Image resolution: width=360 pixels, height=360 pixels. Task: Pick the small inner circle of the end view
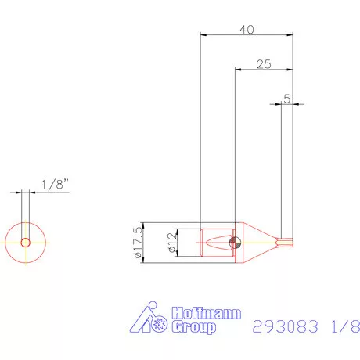(x=26, y=243)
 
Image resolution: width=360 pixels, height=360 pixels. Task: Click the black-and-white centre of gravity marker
(x=232, y=243)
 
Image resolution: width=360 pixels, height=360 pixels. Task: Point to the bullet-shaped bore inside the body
(x=216, y=242)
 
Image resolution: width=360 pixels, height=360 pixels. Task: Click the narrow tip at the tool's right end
(x=286, y=242)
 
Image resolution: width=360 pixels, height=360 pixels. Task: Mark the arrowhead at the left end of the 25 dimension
(x=239, y=70)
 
